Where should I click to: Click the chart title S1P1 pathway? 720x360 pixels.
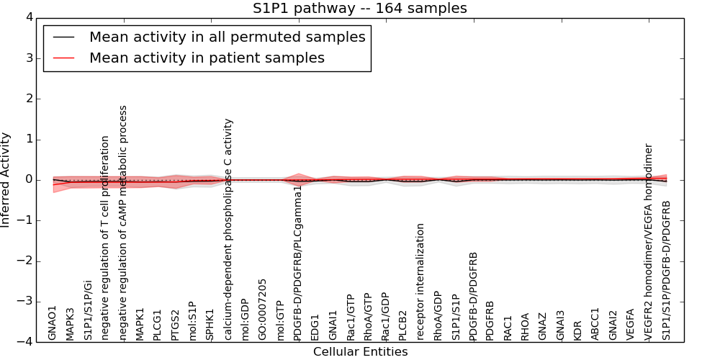(359, 9)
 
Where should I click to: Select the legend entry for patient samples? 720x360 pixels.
(207, 58)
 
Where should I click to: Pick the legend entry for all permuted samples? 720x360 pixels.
(227, 37)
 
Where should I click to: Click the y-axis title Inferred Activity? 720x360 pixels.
(6, 180)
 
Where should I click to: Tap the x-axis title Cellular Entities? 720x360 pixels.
(360, 352)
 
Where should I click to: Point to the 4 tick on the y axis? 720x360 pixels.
(33, 17)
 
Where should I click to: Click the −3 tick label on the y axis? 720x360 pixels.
(29, 302)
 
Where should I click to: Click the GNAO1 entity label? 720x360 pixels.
(53, 323)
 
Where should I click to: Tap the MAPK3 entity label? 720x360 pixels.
(70, 323)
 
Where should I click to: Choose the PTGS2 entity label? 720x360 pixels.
(175, 324)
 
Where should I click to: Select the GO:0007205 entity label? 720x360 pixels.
(263, 310)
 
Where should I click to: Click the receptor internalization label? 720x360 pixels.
(420, 282)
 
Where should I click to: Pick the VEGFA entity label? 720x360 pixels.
(630, 324)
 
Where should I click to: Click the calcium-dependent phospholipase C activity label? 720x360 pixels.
(228, 230)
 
